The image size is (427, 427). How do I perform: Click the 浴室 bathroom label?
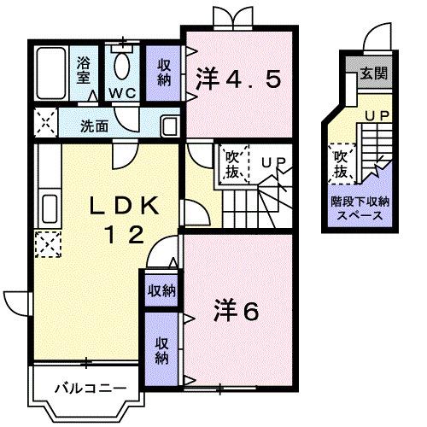coord(84,67)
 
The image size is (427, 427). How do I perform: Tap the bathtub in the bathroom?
coord(51,74)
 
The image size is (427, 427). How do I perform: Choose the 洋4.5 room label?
coord(238,79)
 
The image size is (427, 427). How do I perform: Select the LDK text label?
coord(120,207)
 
